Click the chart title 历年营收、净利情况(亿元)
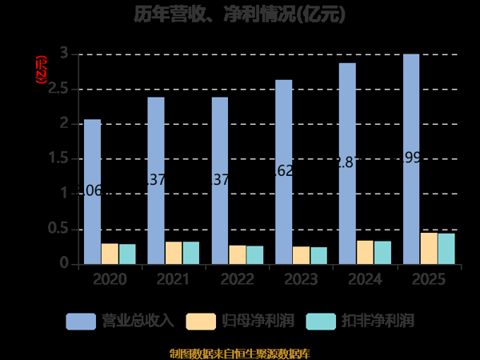[239, 14]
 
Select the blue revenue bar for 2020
[93, 192]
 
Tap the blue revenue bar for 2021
[156, 181]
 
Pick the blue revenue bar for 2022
[220, 181]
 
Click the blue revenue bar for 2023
[284, 172]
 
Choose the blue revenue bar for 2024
[347, 163]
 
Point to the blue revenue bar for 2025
[411, 159]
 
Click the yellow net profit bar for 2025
[429, 249]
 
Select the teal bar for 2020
[127, 254]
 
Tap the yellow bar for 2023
[301, 255]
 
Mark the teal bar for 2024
[382, 253]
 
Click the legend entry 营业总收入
[120, 321]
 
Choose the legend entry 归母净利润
[240, 321]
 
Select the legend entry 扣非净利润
[360, 321]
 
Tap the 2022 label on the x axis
[238, 279]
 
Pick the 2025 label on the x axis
[429, 279]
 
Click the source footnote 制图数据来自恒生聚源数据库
[240, 353]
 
